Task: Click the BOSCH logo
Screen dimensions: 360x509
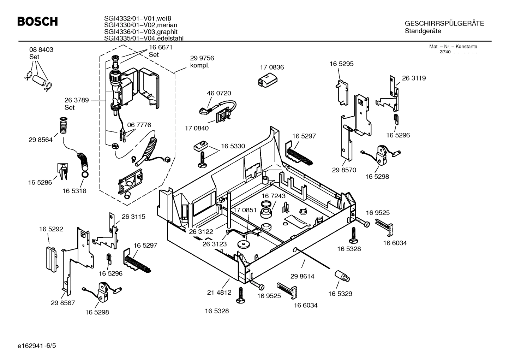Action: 37,22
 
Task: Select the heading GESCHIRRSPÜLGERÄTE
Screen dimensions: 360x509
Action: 444,24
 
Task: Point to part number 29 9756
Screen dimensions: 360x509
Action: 202,58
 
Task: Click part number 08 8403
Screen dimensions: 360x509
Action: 41,50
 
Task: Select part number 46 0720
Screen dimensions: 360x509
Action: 219,93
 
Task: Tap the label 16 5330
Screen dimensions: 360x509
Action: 233,146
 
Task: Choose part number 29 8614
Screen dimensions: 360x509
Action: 302,276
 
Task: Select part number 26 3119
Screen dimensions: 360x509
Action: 414,78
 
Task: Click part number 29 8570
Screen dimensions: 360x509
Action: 344,170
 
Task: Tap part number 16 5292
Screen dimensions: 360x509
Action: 51,229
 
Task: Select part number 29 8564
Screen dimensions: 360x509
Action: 41,140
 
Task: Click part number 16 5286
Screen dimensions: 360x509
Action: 40,183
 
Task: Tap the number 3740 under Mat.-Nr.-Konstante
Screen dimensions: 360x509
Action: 445,52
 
